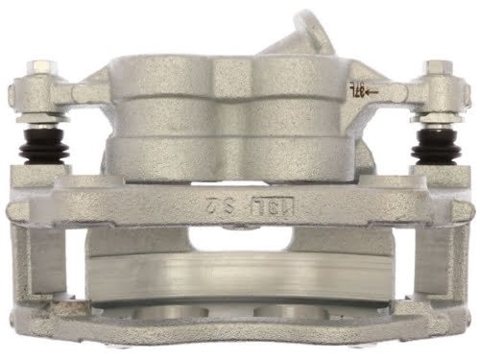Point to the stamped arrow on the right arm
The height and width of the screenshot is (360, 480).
(371, 92)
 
